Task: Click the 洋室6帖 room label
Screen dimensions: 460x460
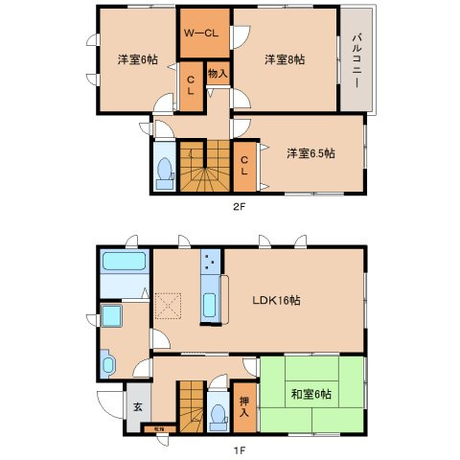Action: coord(138,59)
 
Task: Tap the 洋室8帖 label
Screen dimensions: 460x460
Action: coord(285,59)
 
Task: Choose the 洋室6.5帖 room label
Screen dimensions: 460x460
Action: coord(311,153)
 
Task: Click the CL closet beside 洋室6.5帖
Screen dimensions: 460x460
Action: coord(245,166)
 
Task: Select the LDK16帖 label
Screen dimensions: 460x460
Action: coord(278,300)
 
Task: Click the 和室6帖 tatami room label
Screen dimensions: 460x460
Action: coord(311,393)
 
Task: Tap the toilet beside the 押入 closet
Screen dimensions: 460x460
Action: coord(219,413)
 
